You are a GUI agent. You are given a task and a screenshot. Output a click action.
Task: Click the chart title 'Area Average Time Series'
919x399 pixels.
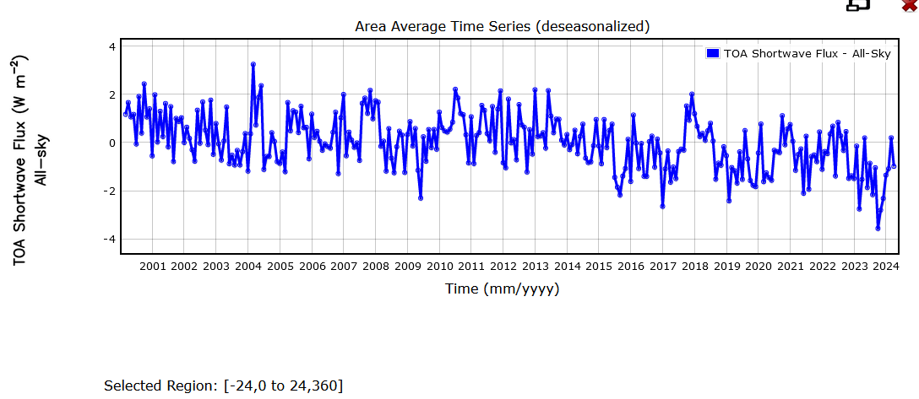click(x=502, y=26)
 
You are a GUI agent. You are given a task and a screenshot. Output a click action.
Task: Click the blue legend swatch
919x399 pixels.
click(x=712, y=53)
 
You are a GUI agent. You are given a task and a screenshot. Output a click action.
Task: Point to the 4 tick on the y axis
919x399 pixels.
click(x=111, y=46)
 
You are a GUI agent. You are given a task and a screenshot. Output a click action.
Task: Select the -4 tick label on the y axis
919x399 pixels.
click(x=107, y=240)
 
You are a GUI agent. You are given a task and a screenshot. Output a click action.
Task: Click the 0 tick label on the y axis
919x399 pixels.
click(x=111, y=143)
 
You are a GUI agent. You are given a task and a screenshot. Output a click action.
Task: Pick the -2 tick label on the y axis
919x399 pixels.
click(x=107, y=191)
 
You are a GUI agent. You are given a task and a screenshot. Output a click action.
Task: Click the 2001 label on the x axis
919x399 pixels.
click(x=152, y=267)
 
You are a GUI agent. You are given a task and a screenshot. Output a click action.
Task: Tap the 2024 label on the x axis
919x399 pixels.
click(x=885, y=267)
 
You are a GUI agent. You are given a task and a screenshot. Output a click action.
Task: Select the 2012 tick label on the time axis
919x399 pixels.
click(x=503, y=267)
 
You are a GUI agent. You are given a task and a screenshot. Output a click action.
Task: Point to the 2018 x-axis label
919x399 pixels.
click(x=694, y=267)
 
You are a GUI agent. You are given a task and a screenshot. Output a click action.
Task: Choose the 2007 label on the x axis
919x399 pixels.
click(x=344, y=267)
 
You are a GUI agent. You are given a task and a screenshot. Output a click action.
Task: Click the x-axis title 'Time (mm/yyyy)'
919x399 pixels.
click(x=502, y=289)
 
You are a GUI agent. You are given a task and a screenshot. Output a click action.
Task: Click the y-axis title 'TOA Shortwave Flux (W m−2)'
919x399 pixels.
click(x=21, y=160)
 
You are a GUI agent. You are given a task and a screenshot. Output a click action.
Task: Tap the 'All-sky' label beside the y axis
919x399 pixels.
click(x=42, y=160)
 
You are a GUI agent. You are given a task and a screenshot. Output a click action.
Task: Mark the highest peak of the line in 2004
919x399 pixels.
click(x=253, y=64)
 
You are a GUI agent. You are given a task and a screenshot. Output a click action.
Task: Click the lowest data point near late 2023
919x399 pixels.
click(x=878, y=229)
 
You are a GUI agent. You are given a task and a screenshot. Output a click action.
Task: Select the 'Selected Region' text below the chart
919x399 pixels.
click(x=223, y=386)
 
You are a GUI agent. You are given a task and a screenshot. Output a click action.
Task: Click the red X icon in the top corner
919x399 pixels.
click(x=911, y=4)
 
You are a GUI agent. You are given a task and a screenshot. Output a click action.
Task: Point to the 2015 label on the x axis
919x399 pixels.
click(x=599, y=267)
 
